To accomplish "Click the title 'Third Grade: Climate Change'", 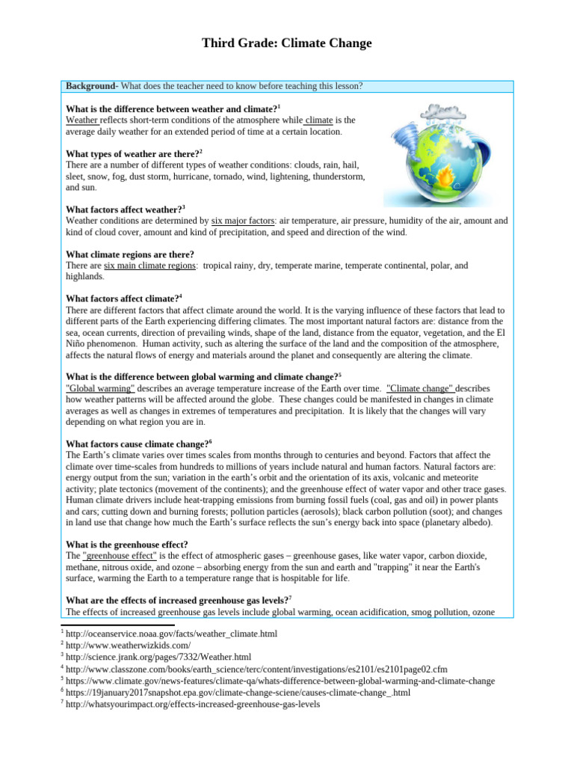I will tap(286, 43).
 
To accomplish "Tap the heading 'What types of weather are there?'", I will tap(134, 153).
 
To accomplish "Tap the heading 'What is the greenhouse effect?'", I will tap(126, 545).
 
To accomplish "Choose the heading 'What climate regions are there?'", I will tap(130, 254).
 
